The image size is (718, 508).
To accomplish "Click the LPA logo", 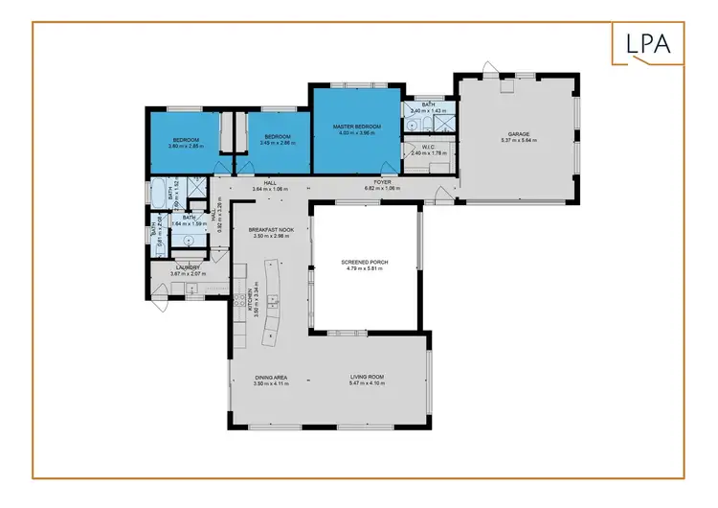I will coord(648,43).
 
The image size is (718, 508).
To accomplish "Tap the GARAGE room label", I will coord(519,134).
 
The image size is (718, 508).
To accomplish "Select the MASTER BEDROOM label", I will coord(357,127).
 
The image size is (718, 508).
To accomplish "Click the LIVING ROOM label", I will coord(367,378).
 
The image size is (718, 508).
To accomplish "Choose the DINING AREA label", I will coord(271,378).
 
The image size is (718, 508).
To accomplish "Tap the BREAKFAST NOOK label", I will coord(269,230).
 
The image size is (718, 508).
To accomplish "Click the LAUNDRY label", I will coord(187,268).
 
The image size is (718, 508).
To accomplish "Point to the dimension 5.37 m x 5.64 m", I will coord(519,141).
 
